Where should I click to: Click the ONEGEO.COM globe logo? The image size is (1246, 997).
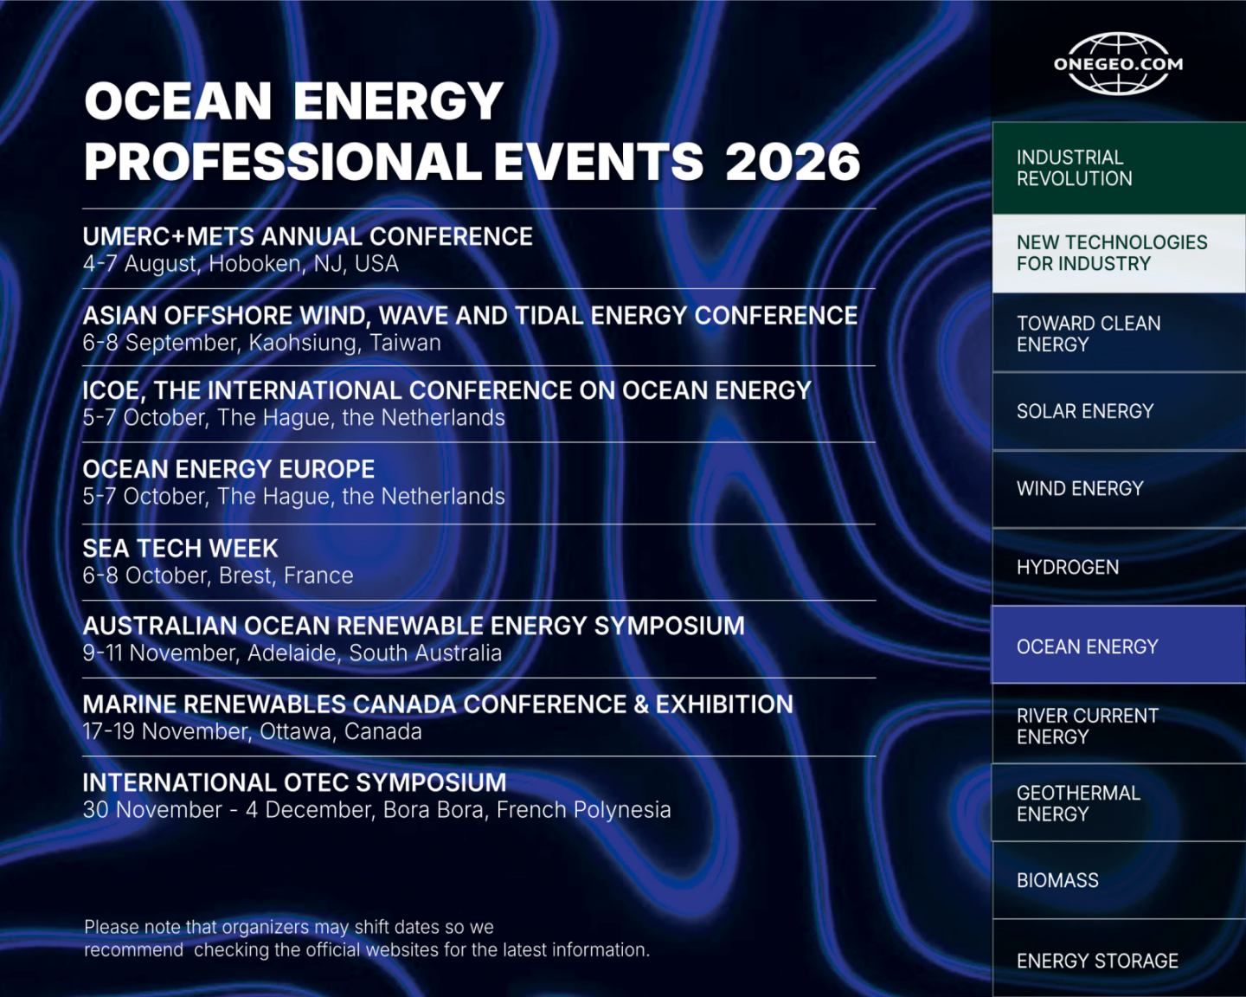click(1118, 64)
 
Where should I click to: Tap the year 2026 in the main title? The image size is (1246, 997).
click(793, 162)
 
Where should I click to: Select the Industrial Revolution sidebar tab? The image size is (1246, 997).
click(1119, 168)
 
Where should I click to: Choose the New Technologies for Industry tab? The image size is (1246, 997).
click(1119, 254)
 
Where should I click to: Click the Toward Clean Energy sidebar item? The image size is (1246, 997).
click(1119, 333)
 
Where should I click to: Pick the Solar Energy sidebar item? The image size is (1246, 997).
click(1119, 411)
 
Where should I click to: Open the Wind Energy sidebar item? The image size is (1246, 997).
click(1119, 489)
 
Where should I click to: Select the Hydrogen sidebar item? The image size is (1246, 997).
click(1119, 567)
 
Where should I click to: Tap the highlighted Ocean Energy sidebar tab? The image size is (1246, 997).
click(1119, 645)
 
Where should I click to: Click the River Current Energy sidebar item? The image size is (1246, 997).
click(1119, 724)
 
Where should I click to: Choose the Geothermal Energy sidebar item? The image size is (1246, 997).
click(1119, 803)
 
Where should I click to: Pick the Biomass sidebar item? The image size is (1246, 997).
click(1119, 880)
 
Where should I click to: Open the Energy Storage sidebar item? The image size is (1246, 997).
click(1119, 960)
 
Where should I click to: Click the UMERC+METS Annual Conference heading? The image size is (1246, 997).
click(307, 237)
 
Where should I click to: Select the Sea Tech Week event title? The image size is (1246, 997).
click(180, 548)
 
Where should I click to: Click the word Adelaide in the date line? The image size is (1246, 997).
click(294, 653)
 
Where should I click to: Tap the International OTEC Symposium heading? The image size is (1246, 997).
click(294, 782)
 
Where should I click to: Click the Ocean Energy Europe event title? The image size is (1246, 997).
click(228, 469)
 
